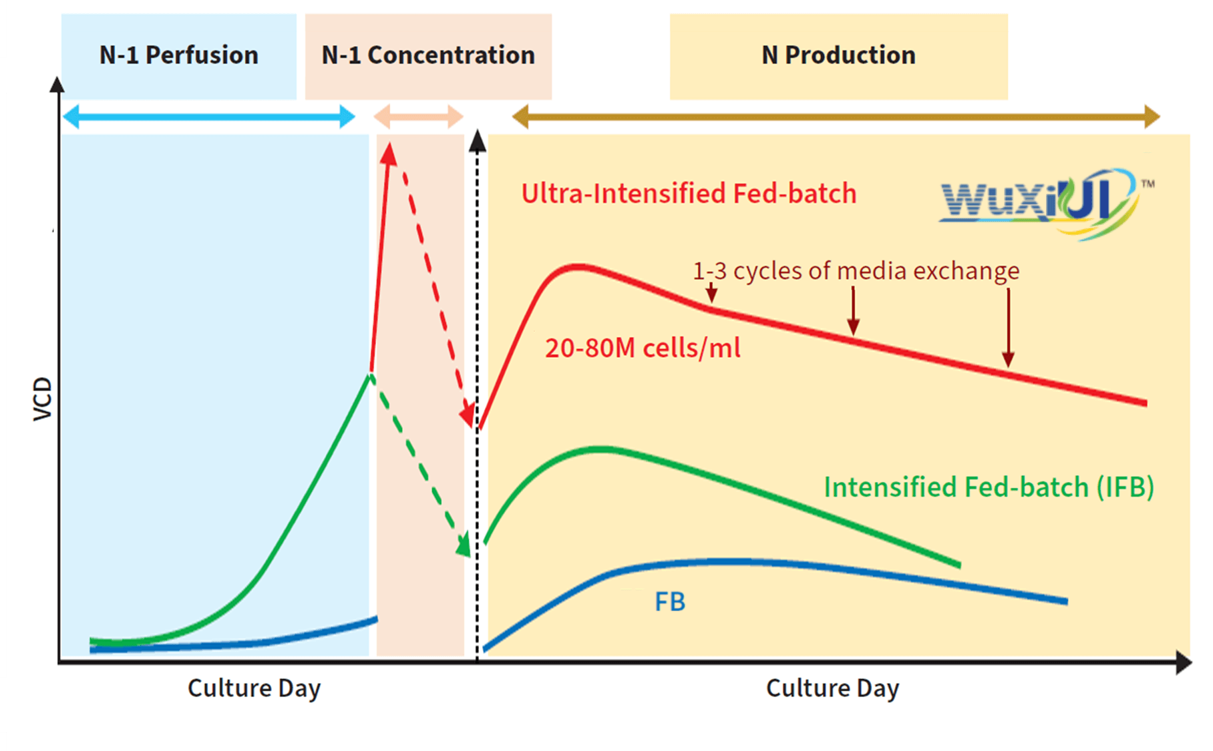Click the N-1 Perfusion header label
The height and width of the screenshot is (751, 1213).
pos(178,55)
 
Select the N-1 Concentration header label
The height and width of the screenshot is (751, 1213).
pos(428,55)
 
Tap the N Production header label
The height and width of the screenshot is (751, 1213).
pos(838,55)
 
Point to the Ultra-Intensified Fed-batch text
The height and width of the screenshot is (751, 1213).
pos(689,194)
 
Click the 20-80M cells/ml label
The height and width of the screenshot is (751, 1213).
pos(643,348)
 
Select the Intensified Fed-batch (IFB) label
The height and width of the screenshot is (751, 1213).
pos(989,487)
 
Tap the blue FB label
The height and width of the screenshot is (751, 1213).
pos(670,602)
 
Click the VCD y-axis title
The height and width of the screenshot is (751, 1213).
pos(42,399)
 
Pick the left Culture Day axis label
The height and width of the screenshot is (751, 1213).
pos(254,688)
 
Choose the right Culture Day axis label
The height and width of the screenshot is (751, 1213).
pos(832,688)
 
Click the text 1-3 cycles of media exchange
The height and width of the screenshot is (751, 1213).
pos(856,271)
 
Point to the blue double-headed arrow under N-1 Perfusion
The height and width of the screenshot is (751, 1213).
pos(209,117)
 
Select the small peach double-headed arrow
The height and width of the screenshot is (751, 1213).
pos(418,117)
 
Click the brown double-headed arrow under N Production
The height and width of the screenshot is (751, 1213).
pos(836,117)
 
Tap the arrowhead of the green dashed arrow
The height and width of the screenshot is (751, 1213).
pos(463,545)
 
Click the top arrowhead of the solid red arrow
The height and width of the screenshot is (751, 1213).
pos(389,155)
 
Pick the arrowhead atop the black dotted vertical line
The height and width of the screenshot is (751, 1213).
pos(477,141)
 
